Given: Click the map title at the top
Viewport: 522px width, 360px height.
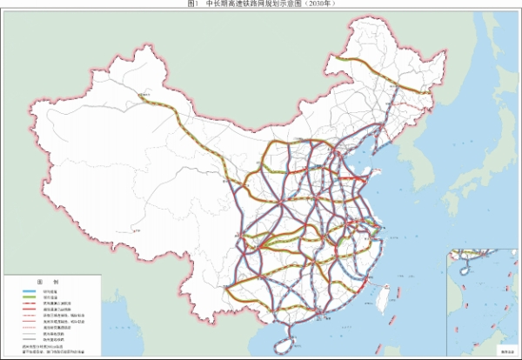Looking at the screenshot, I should (261, 4).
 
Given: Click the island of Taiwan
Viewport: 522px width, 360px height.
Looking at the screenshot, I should (384, 302).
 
